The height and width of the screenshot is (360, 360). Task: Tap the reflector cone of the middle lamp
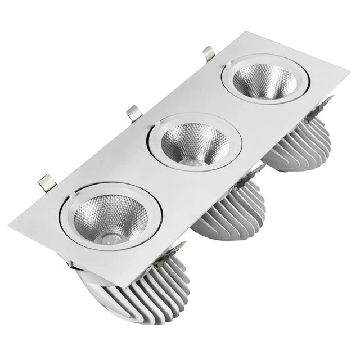(194, 143)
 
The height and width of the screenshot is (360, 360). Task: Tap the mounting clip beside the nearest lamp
(48, 183)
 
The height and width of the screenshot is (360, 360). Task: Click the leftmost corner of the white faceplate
(10, 225)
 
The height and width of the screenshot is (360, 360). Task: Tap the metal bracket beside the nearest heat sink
(179, 248)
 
